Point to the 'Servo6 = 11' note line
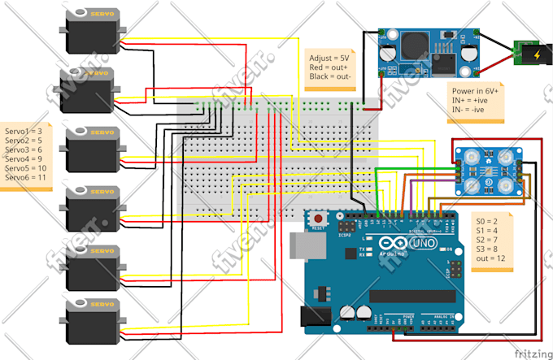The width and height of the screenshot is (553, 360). pos(25,176)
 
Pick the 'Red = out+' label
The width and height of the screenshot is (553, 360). pos(328,67)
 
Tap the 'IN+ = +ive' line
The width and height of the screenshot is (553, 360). pos(471,100)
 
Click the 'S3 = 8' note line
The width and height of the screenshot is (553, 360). pos(485,249)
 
